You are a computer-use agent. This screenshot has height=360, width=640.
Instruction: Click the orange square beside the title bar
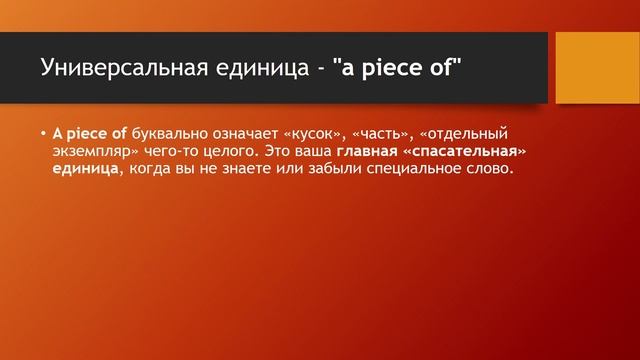click(x=597, y=66)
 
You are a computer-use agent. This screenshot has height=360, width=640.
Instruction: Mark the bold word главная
click(x=370, y=151)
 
